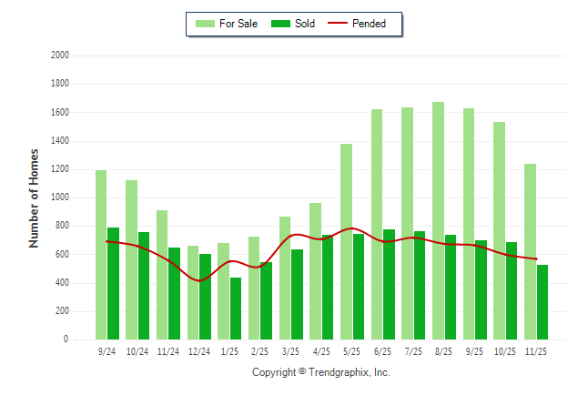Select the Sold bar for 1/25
[x=236, y=309]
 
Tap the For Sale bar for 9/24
[x=100, y=255]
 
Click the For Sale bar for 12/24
[x=192, y=292]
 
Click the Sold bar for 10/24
[x=144, y=286]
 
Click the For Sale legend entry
[x=227, y=24]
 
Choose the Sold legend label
[x=305, y=24]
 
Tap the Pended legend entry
[x=368, y=24]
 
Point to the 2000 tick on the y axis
[x=60, y=56]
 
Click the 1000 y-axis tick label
[x=60, y=197]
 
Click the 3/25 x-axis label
[x=290, y=350]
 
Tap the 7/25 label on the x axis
[x=413, y=350]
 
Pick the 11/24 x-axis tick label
[x=167, y=350]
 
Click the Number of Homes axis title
[x=34, y=197]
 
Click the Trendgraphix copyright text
[x=320, y=372]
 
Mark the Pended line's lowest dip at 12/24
[x=198, y=280]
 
